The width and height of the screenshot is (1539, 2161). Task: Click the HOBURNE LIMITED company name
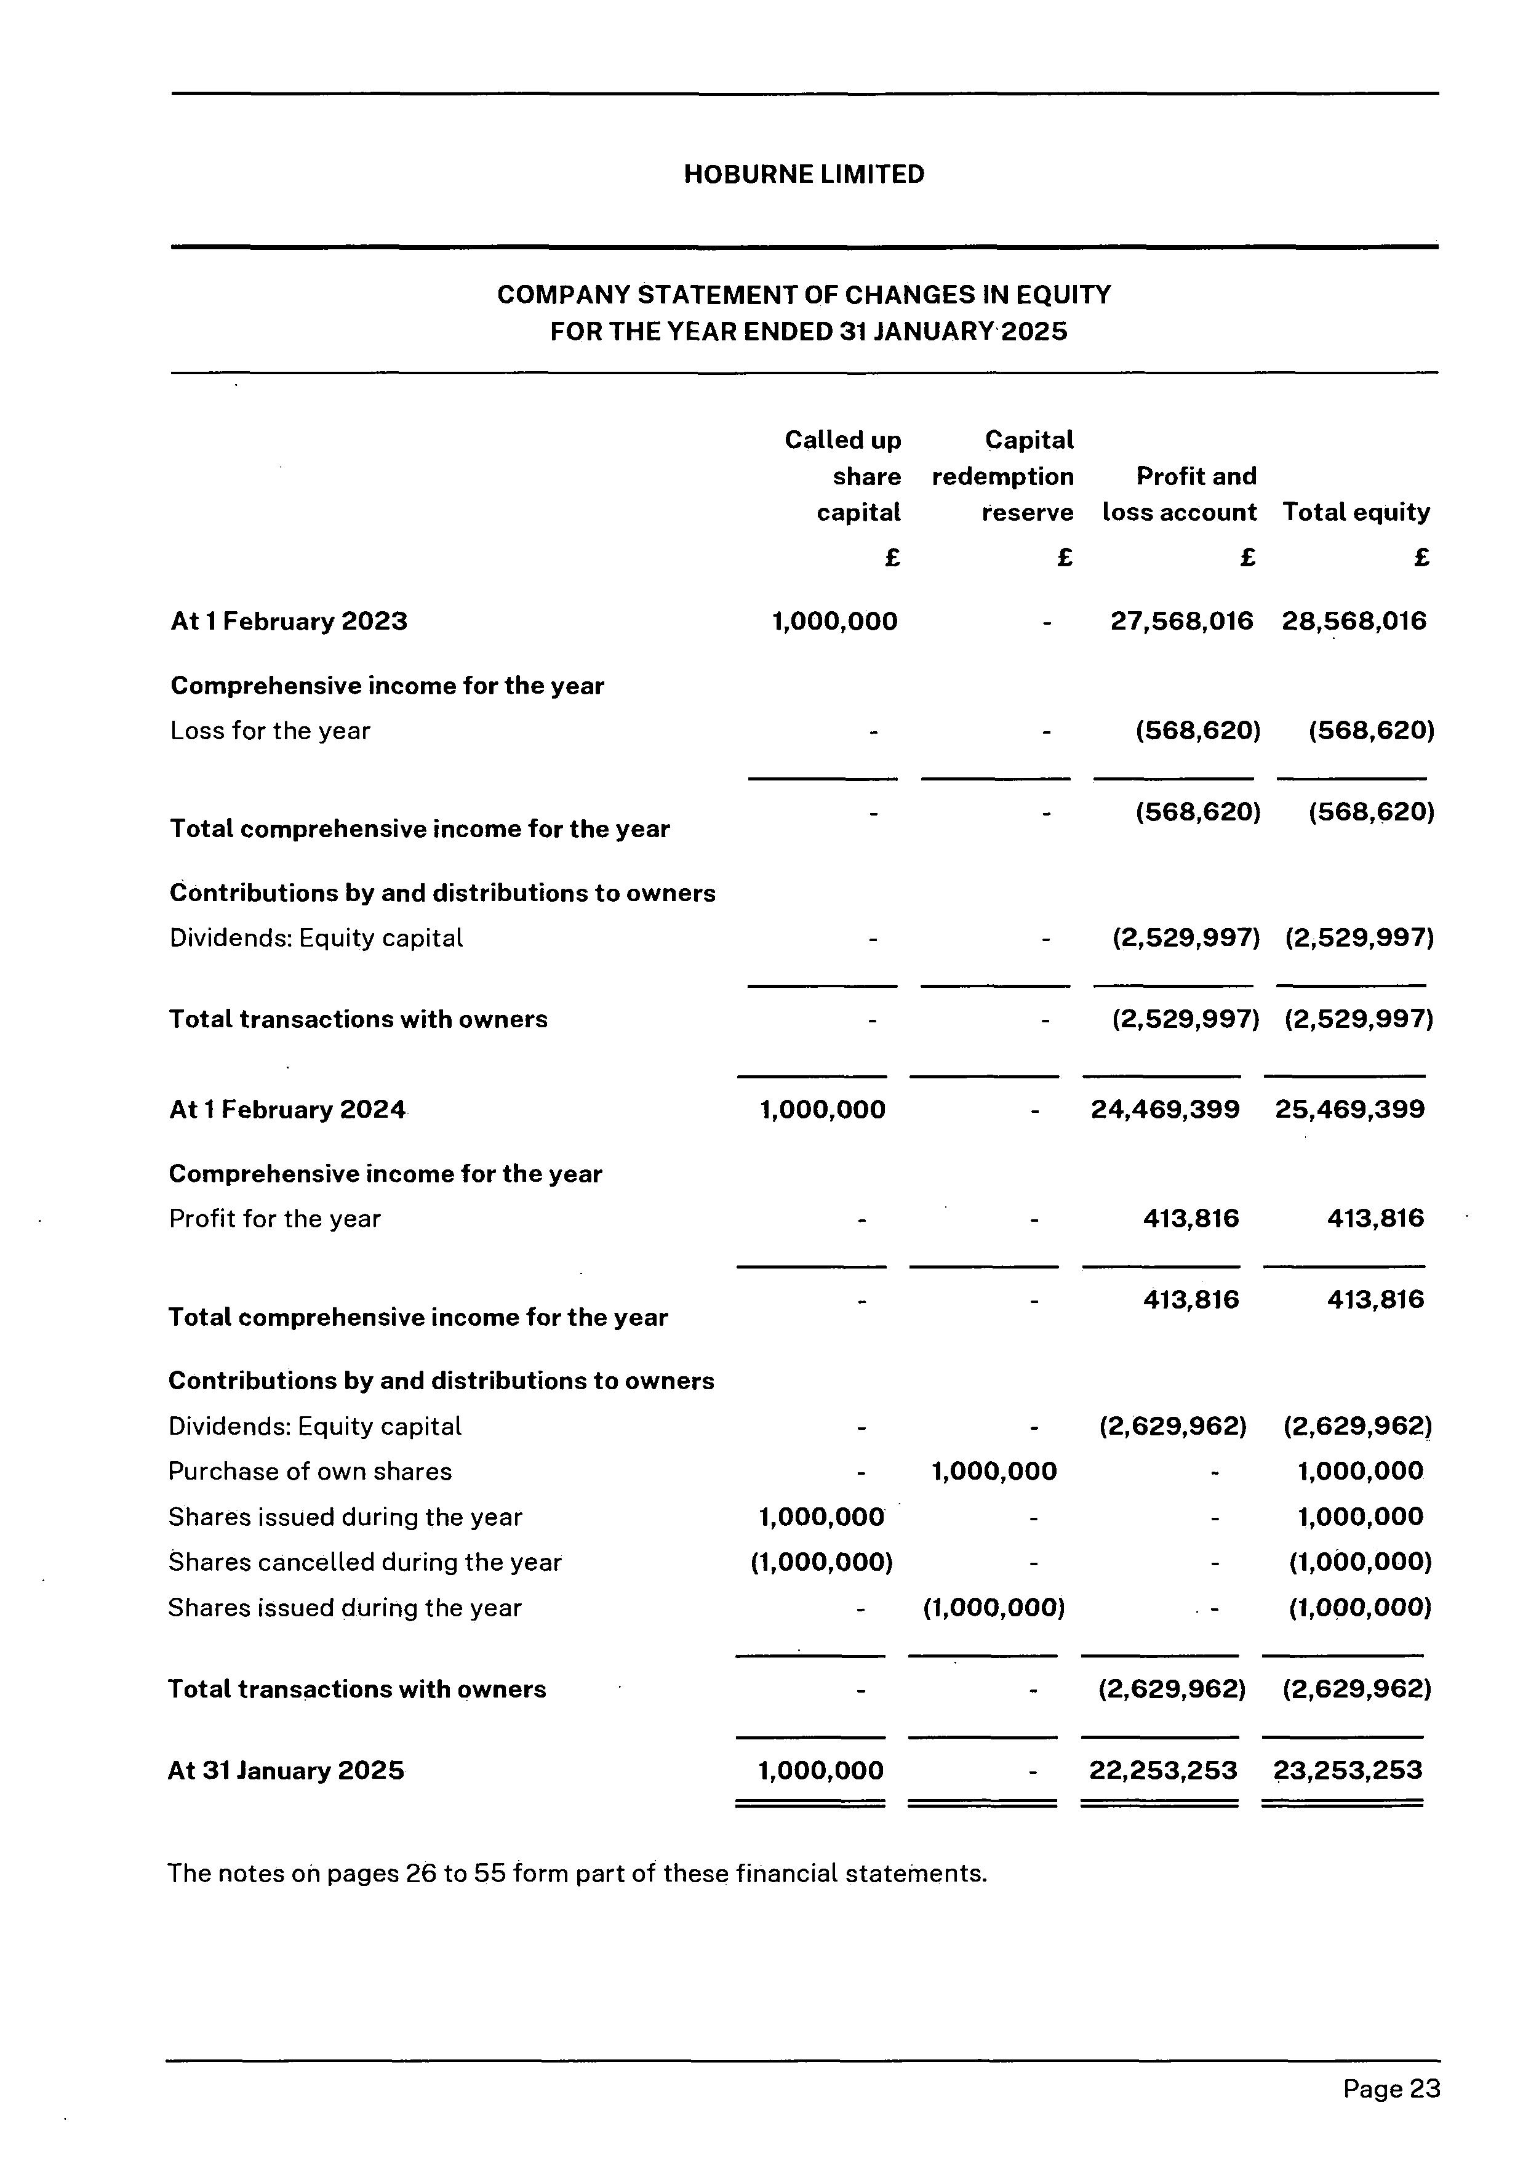(804, 174)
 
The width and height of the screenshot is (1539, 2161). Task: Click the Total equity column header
(1356, 512)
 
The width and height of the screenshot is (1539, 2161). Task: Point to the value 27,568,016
(1181, 621)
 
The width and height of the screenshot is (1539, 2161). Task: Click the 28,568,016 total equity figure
(1353, 621)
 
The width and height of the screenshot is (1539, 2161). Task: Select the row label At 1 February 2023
(289, 622)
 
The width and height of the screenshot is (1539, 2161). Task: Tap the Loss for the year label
(270, 731)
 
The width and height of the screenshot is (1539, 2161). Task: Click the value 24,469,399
(1165, 1109)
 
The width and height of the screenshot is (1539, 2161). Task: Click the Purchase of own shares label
(310, 1471)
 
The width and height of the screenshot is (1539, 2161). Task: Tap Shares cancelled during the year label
(365, 1562)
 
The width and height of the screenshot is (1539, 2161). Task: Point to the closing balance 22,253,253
(1163, 1771)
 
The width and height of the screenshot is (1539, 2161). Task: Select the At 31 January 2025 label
(286, 1771)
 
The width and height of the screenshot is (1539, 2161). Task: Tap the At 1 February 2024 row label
(287, 1110)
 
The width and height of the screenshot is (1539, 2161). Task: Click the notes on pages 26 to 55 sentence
(577, 1874)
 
